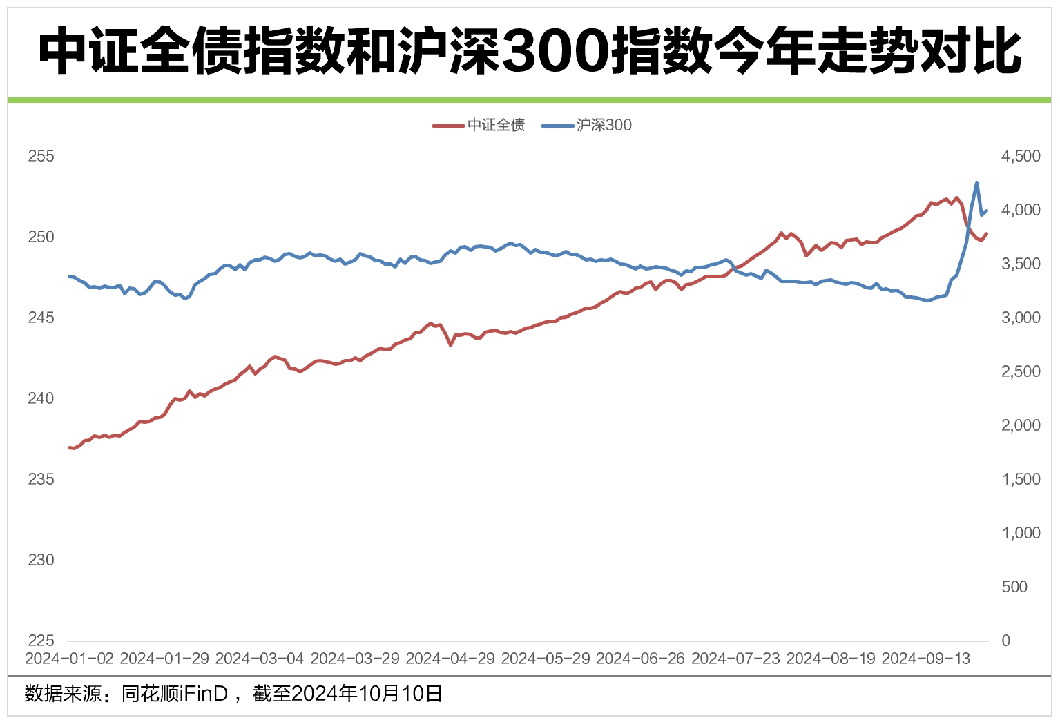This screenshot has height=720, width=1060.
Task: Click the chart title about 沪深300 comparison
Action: click(x=530, y=51)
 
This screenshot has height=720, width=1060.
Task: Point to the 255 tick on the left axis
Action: click(x=41, y=156)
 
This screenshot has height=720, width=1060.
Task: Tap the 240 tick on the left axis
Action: click(x=41, y=398)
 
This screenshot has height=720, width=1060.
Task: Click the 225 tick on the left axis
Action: click(x=41, y=641)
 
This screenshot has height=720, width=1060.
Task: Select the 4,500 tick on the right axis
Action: click(x=1020, y=156)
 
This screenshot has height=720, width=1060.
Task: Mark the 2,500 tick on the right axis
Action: click(x=1020, y=371)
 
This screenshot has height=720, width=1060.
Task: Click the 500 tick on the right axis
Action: click(x=1014, y=587)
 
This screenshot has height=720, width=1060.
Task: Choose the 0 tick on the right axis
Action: click(x=1005, y=641)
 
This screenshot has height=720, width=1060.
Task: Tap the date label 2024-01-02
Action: click(x=69, y=659)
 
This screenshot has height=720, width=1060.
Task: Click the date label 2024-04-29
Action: click(x=450, y=659)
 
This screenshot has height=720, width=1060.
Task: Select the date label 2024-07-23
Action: click(x=735, y=659)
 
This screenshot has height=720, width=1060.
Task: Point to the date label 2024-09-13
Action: click(x=926, y=659)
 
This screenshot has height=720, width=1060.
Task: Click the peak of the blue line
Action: click(x=976, y=183)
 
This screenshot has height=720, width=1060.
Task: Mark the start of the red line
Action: click(x=69, y=447)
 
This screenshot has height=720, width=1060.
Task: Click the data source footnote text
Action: click(x=233, y=693)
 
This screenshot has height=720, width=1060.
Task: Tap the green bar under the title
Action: click(x=530, y=100)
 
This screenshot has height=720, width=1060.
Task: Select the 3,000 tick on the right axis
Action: click(x=1020, y=318)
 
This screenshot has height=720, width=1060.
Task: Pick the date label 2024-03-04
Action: click(x=260, y=659)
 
